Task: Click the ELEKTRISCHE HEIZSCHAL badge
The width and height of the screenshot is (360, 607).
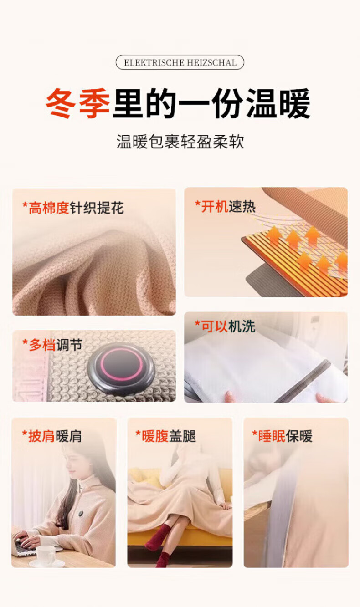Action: [180, 62]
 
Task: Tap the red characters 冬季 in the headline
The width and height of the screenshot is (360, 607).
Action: [78, 103]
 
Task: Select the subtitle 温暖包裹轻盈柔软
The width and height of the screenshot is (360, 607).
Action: [180, 141]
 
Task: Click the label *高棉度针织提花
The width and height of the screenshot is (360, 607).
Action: [73, 208]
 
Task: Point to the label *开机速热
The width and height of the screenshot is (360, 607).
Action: [225, 207]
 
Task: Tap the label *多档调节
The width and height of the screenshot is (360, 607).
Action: [52, 345]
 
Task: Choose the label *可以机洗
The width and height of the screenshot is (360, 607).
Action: [225, 326]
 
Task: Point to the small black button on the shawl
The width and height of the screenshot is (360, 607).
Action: [81, 513]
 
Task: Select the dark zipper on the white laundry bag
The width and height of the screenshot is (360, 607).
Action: [303, 381]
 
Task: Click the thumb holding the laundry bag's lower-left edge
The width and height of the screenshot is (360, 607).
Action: [230, 396]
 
